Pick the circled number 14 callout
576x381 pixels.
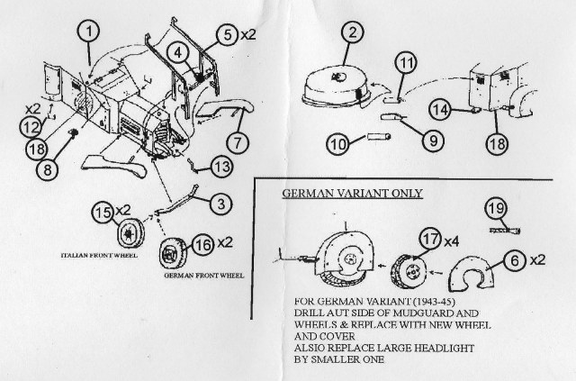tap(438, 109)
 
